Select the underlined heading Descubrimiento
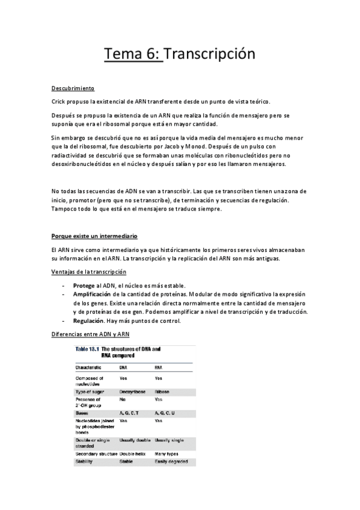pos(73,88)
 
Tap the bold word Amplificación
pos(92,293)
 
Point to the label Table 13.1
pos(88,348)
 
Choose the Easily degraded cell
pos(171,461)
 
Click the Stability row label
pos(85,461)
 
